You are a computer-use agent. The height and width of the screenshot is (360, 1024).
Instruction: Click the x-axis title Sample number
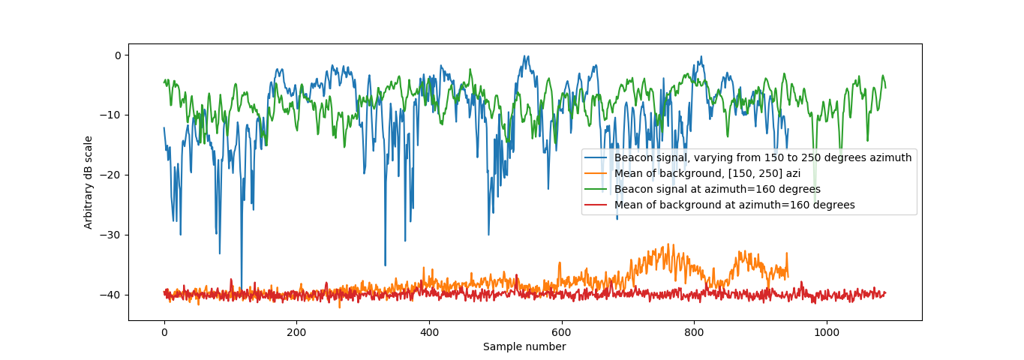(x=524, y=346)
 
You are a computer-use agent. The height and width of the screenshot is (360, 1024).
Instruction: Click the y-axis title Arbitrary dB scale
(x=89, y=182)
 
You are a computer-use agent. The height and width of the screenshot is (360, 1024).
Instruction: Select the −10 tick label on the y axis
(x=111, y=115)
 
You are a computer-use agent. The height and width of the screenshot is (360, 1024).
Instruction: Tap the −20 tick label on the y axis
(x=111, y=175)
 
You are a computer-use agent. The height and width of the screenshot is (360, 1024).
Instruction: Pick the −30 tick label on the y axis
(x=111, y=235)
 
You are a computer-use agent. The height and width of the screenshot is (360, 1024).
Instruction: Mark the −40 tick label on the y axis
(x=111, y=295)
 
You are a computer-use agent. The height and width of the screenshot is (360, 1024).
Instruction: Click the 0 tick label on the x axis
(x=164, y=332)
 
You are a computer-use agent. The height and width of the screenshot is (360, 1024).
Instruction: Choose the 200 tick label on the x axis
(x=296, y=332)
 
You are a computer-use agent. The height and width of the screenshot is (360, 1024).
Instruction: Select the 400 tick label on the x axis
(x=429, y=332)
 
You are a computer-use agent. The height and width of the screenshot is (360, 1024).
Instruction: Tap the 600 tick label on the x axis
(x=561, y=332)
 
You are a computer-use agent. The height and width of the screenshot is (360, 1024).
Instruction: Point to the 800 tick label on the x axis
(x=694, y=332)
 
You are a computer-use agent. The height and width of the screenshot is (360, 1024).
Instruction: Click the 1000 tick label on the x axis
(x=826, y=332)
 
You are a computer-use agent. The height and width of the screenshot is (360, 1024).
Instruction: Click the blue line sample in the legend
(x=598, y=158)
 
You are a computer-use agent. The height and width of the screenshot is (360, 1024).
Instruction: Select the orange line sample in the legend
(x=598, y=174)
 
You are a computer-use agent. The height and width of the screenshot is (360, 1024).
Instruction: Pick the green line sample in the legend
(x=598, y=189)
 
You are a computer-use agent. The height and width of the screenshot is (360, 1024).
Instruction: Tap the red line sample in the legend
(x=598, y=205)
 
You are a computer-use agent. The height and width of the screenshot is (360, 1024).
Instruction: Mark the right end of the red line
(x=885, y=292)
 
